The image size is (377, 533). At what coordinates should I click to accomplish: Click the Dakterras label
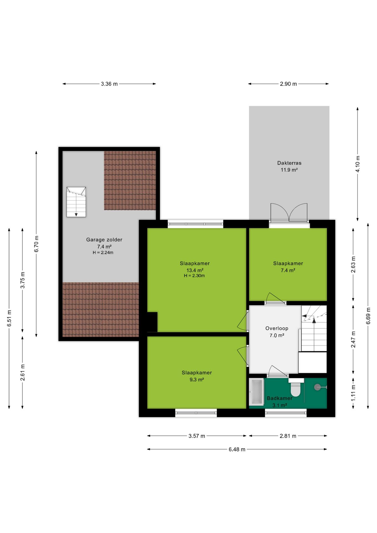click(x=289, y=163)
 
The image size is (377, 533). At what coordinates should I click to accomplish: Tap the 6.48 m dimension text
click(x=237, y=449)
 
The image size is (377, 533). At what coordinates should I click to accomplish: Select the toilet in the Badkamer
click(x=296, y=387)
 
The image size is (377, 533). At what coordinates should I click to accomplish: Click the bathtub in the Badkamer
click(x=257, y=392)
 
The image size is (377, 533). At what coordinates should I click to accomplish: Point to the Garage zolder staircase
click(x=76, y=202)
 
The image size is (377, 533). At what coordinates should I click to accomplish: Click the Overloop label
click(x=277, y=328)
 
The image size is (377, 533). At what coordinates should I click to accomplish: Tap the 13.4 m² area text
click(x=195, y=270)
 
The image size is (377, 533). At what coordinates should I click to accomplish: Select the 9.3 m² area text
click(x=197, y=379)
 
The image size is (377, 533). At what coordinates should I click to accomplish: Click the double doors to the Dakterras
click(x=289, y=213)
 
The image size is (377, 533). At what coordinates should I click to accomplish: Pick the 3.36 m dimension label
click(x=109, y=84)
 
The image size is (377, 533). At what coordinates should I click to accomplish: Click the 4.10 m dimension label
click(x=358, y=164)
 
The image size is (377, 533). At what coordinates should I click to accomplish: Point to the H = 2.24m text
click(x=103, y=253)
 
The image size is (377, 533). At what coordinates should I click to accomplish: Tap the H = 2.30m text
click(x=194, y=276)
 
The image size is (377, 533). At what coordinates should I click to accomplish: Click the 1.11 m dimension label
click(x=353, y=393)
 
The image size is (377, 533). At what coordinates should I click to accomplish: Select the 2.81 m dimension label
click(x=288, y=436)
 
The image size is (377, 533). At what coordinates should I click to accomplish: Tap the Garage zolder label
click(x=104, y=240)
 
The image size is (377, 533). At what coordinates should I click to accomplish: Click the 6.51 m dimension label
click(x=9, y=318)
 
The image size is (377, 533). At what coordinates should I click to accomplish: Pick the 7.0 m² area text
click(x=277, y=335)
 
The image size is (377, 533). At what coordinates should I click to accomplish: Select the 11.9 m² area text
click(x=289, y=170)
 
